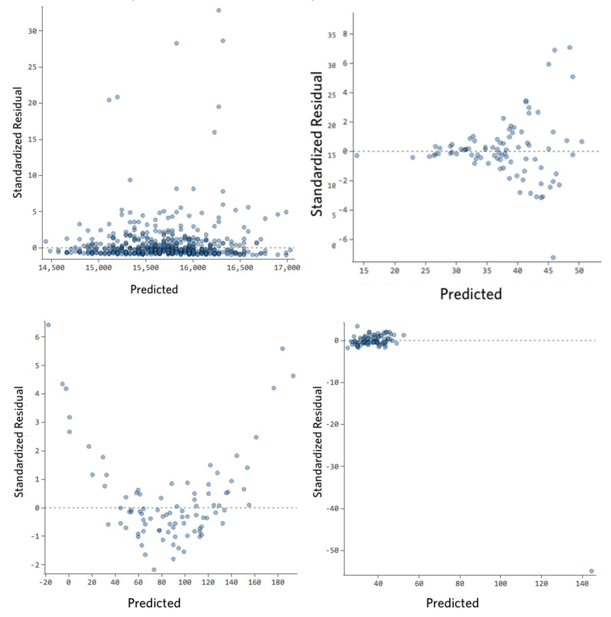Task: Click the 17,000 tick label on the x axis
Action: click(x=287, y=268)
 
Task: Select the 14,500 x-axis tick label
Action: click(x=51, y=268)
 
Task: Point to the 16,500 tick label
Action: click(x=240, y=268)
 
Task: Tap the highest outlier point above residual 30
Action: click(x=219, y=10)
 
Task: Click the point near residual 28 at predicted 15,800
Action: click(x=176, y=43)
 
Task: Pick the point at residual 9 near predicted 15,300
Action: click(x=130, y=180)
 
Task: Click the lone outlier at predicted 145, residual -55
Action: click(x=591, y=571)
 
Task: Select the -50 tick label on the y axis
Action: click(x=332, y=551)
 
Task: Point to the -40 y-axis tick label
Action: click(x=332, y=508)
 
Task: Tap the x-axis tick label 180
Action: click(x=278, y=582)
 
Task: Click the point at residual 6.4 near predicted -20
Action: click(x=48, y=325)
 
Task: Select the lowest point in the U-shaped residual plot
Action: click(x=154, y=570)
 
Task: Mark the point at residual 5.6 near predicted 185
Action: click(x=282, y=349)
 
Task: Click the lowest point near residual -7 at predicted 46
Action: click(x=553, y=258)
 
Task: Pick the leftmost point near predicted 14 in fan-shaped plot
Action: click(x=357, y=156)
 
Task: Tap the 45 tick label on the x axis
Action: click(x=548, y=271)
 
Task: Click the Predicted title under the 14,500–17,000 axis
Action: click(x=154, y=289)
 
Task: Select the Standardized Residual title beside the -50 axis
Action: click(x=318, y=442)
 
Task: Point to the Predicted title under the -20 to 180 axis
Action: click(x=154, y=603)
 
